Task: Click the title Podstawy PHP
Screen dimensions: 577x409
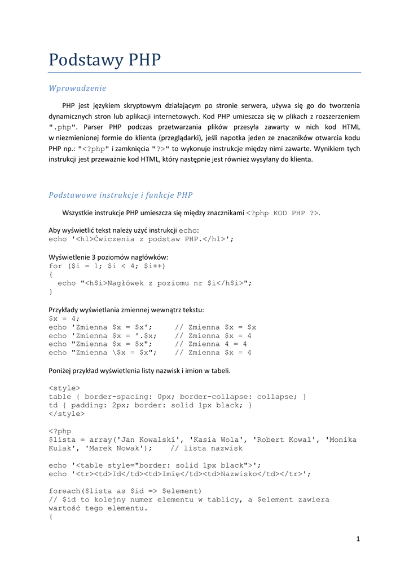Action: point(104,60)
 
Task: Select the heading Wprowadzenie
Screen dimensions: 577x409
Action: point(77,88)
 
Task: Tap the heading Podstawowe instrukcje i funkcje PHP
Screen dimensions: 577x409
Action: point(121,195)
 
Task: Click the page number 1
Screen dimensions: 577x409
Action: point(358,539)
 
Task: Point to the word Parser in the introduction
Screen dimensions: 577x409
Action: point(96,127)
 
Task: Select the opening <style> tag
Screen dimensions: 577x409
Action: point(64,388)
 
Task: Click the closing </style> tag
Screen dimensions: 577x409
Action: point(67,414)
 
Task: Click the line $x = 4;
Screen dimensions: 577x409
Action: point(64,318)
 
